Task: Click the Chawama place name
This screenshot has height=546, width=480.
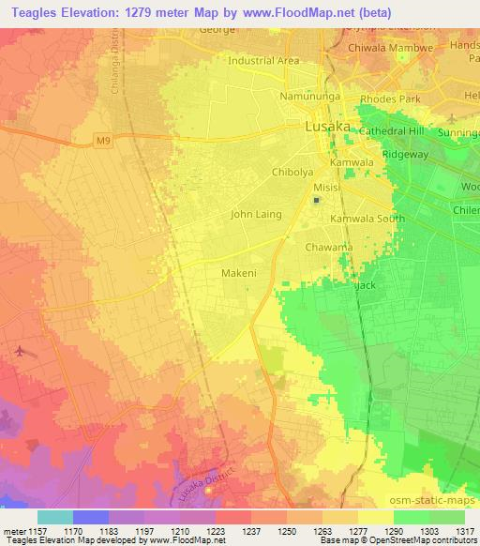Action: click(x=329, y=248)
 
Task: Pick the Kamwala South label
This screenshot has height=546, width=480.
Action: click(x=367, y=219)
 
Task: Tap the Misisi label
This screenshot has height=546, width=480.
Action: click(x=327, y=187)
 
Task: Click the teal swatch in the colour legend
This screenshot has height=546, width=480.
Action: click(x=54, y=517)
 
